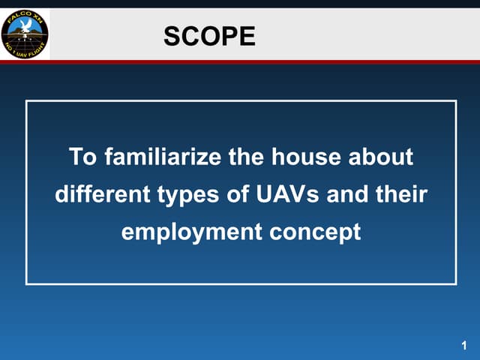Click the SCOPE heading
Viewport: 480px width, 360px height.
click(209, 35)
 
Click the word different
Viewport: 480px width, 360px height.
click(101, 195)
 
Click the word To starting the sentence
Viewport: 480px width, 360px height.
click(82, 158)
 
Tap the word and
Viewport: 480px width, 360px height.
click(343, 195)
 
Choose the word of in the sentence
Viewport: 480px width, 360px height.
click(232, 195)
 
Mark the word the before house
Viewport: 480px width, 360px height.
click(247, 158)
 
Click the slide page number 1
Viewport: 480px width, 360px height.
click(464, 346)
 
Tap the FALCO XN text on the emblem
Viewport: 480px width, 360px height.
click(24, 16)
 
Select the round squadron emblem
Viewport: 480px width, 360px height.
click(25, 34)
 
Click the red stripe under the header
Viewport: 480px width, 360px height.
click(262, 62)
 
